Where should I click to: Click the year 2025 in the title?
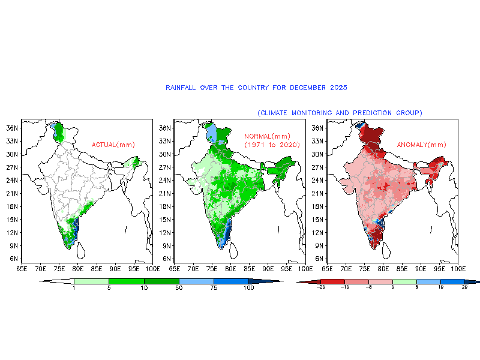pos(338,88)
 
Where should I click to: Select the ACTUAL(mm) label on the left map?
pos(113,145)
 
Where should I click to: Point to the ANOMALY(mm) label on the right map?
pos(422,145)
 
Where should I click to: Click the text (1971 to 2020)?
pos(272,145)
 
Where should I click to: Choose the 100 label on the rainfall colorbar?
pos(248,289)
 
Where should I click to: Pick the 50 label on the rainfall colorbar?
pos(179,289)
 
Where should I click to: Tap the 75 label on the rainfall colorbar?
pos(214,289)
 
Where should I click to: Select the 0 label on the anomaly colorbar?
pos(392,288)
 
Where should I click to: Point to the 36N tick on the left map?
pos(11,128)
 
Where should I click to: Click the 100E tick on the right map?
pos(458,268)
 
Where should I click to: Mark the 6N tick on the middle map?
pos(164,259)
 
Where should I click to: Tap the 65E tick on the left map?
pos(23,268)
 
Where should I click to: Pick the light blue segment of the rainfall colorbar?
pos(196,281)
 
